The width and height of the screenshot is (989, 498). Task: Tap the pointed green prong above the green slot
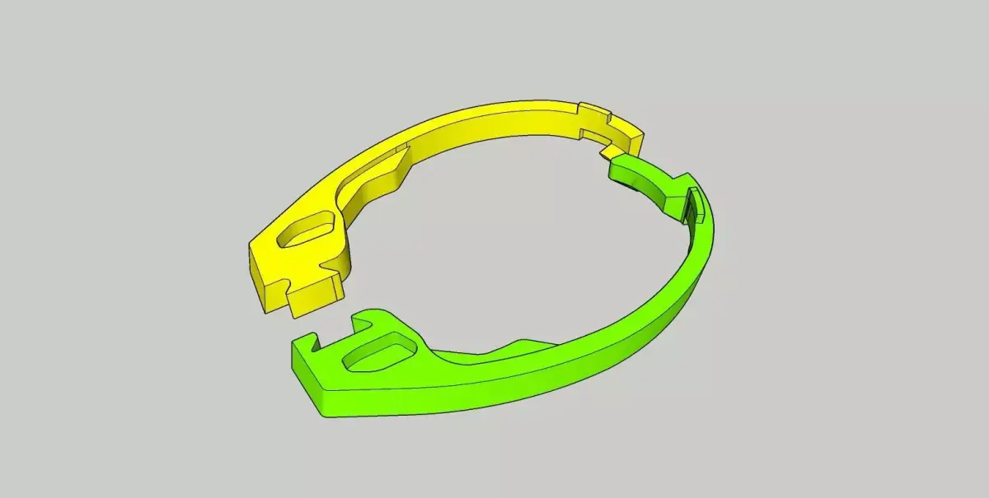pos(363,316)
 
